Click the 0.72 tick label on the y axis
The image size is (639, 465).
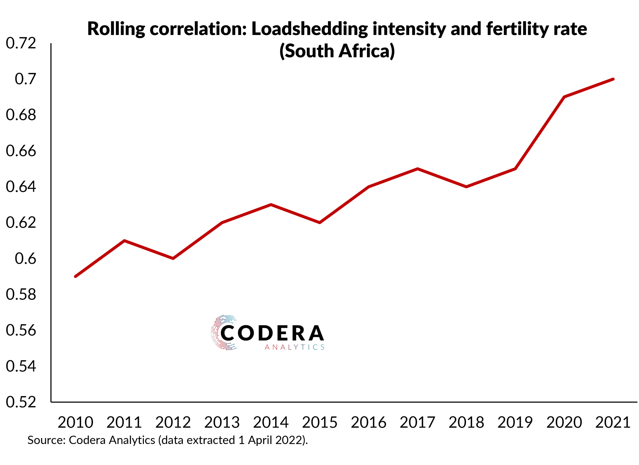[21, 43]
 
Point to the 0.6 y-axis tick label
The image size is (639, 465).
[25, 259]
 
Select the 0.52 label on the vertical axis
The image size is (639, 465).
[21, 402]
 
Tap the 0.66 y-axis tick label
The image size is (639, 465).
[21, 151]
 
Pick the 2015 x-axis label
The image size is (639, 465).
[319, 423]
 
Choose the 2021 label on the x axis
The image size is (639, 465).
[613, 423]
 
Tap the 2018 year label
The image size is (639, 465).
[466, 423]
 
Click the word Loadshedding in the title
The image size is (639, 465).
[309, 29]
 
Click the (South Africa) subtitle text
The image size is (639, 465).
[337, 51]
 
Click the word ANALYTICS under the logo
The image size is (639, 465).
[295, 347]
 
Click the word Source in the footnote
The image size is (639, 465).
[46, 440]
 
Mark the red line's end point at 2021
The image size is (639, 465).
[613, 79]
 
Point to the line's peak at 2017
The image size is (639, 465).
[418, 169]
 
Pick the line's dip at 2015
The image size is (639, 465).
[319, 222]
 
